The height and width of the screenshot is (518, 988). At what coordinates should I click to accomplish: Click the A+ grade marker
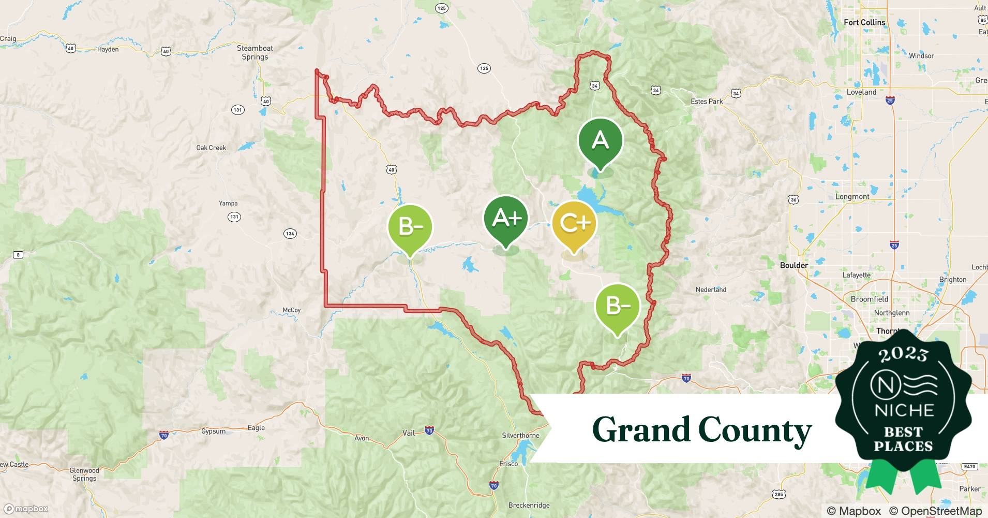506,219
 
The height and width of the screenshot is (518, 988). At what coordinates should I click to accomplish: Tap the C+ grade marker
574,224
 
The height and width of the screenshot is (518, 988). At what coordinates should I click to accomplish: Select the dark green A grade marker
600,141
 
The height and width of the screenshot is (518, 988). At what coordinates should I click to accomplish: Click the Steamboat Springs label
255,52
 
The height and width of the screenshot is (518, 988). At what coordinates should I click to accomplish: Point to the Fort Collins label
864,22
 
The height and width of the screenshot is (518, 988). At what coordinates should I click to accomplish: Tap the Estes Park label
707,102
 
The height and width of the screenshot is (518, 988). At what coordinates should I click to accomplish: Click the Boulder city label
794,265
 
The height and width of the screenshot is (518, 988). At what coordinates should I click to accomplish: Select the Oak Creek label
211,148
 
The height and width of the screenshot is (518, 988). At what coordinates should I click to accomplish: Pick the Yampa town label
228,203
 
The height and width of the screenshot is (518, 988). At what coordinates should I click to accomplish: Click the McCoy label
291,310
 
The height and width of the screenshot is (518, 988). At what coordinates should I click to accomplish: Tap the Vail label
409,433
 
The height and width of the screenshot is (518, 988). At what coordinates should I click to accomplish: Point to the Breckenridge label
529,505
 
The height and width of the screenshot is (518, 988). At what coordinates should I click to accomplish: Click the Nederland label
711,290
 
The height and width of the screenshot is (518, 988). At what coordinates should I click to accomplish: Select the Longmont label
852,197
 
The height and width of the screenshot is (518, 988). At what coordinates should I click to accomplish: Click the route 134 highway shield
290,234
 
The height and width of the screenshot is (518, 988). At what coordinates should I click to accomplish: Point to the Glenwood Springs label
84,474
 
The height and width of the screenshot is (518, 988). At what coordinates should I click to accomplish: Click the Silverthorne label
520,436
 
